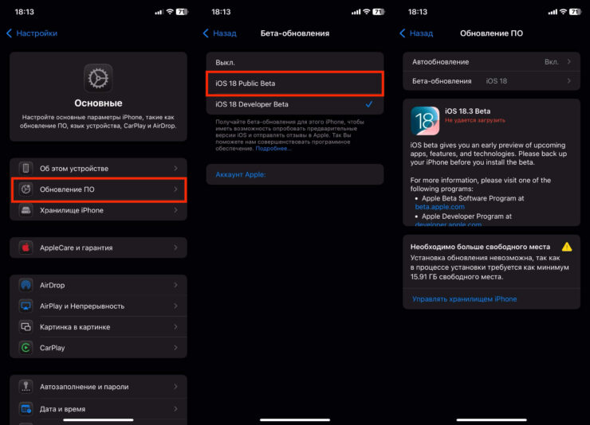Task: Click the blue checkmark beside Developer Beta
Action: coord(368,104)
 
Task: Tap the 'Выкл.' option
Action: coord(226,62)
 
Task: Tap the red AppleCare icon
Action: coord(26,248)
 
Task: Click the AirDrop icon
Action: coord(26,285)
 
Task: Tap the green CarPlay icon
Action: coord(26,348)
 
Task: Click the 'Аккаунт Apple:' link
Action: coord(240,174)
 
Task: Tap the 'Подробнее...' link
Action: coord(273,148)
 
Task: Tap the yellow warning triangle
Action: coord(567,247)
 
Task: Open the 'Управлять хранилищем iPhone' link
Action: coord(464,299)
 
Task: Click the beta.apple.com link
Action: coord(439,206)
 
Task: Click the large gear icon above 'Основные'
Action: coord(98,78)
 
